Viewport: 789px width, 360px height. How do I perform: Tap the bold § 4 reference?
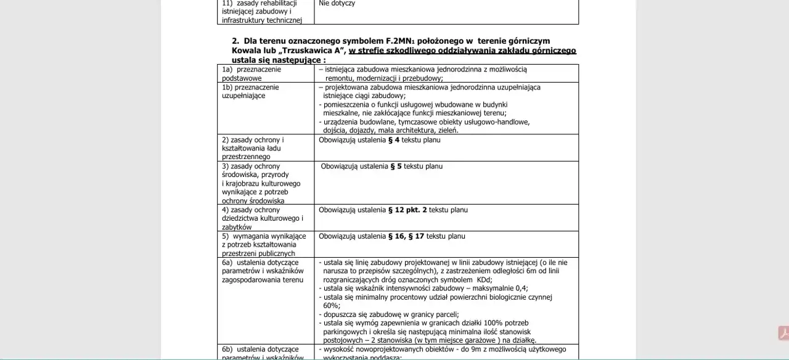click(x=394, y=140)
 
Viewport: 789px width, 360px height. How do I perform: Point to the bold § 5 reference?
click(x=396, y=166)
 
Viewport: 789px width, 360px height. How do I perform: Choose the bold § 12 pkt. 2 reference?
click(x=407, y=210)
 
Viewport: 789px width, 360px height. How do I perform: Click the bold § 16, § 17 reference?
click(x=406, y=236)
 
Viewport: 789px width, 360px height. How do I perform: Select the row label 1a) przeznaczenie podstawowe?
click(x=251, y=73)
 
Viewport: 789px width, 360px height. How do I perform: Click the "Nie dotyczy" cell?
click(x=337, y=4)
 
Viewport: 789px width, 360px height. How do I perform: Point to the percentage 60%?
click(x=332, y=305)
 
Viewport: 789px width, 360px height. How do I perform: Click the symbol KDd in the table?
click(x=483, y=279)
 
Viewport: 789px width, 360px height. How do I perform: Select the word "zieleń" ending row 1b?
click(x=447, y=130)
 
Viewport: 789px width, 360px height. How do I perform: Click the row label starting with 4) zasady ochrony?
click(x=263, y=218)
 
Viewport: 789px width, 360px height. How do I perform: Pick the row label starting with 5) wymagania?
click(x=264, y=245)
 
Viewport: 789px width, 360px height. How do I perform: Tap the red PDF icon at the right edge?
click(x=783, y=333)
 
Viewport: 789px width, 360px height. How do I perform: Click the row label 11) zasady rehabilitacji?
click(x=262, y=12)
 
